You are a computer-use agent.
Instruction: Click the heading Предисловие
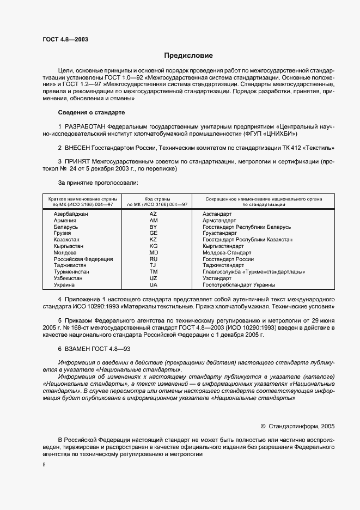coord(189,56)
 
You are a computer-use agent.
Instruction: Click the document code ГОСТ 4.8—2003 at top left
coord(65,40)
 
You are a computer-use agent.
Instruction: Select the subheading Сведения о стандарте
coord(91,112)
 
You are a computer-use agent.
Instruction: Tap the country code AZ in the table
coord(153,214)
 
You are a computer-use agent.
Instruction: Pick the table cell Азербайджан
coord(71,214)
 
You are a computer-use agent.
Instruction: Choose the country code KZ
coord(153,240)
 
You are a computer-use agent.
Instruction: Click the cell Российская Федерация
coord(83,259)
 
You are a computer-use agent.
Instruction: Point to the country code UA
coord(153,285)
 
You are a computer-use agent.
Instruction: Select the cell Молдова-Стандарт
coord(227,253)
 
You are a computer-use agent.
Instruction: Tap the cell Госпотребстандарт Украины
coord(239,285)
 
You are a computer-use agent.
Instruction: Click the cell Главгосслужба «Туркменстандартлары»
coord(253,272)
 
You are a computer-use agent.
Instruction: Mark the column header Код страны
coord(157,199)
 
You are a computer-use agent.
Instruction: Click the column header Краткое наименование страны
coord(81,199)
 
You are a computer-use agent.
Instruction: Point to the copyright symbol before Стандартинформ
coord(264,427)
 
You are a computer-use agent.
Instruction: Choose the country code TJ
coord(153,265)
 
